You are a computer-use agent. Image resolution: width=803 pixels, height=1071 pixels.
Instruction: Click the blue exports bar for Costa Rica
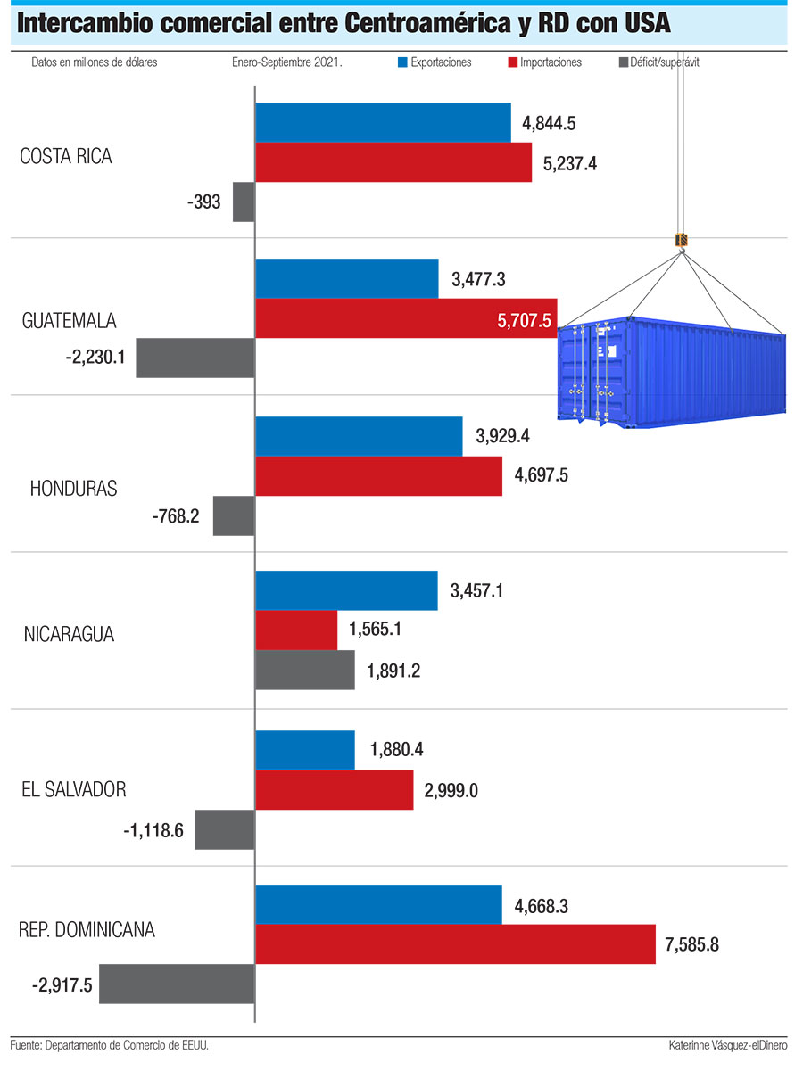tap(383, 122)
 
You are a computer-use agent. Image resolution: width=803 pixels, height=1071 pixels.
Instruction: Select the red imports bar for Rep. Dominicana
tap(456, 943)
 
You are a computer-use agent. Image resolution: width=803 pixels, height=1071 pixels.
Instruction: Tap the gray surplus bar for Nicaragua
tap(305, 671)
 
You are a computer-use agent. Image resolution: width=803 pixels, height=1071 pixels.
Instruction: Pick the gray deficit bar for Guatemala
tap(195, 358)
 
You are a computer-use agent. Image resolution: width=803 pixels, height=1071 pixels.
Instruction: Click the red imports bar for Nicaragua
tap(296, 630)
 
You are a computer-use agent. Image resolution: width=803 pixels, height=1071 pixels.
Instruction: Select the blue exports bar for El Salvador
tap(305, 750)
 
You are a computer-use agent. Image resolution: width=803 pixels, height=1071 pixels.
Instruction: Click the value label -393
tap(204, 202)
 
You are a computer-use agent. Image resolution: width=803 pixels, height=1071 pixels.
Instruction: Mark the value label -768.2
tap(176, 516)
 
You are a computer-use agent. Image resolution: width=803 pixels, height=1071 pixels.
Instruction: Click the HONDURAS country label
tap(73, 489)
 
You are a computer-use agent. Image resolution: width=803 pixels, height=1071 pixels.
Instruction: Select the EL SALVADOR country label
tap(74, 789)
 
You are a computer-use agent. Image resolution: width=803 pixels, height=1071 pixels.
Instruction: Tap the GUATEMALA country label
tap(70, 321)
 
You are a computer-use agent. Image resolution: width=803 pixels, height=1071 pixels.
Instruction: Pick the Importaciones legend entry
tap(544, 62)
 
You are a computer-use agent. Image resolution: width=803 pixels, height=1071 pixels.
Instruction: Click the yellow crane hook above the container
tap(682, 240)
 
